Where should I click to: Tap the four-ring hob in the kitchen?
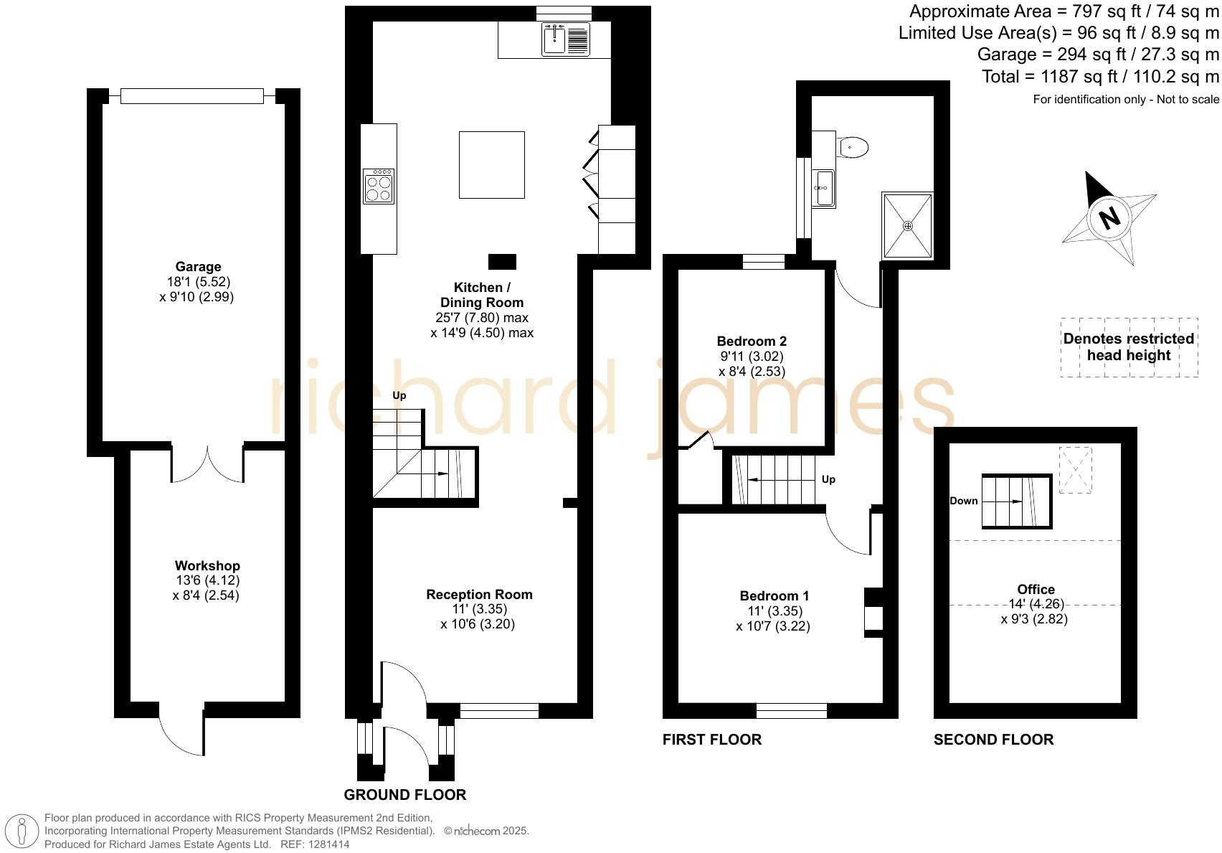tap(379, 187)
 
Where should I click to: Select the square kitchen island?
tap(491, 164)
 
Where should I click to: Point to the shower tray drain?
tap(908, 226)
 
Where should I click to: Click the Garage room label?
tap(198, 267)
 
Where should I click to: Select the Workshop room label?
tap(207, 566)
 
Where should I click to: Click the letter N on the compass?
tap(1109, 217)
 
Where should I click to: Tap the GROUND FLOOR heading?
tap(404, 795)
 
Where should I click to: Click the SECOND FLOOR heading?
tap(993, 740)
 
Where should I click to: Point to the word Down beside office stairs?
tap(963, 501)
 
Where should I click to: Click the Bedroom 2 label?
tap(752, 341)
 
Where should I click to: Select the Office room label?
tap(1036, 589)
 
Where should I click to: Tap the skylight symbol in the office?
tap(1075, 470)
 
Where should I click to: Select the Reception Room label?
tap(479, 594)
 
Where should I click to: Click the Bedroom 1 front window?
tap(791, 710)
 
